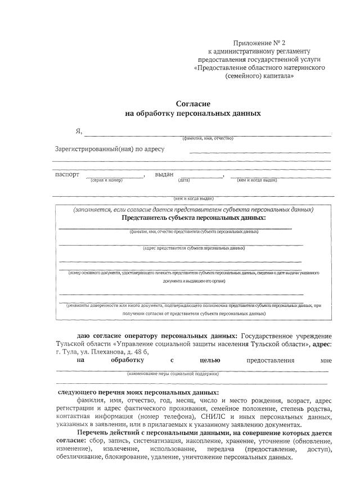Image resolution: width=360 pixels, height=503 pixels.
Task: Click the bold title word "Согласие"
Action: [193, 104]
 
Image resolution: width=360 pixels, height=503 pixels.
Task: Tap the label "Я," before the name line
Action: [79, 132]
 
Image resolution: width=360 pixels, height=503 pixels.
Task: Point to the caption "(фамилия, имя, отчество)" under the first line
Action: [208, 138]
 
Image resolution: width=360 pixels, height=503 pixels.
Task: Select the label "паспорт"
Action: [67, 175]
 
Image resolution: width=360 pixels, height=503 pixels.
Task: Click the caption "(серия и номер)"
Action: [106, 180]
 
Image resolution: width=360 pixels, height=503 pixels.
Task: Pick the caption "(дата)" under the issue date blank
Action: [184, 180]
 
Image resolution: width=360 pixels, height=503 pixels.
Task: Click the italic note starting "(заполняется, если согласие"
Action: [193, 210]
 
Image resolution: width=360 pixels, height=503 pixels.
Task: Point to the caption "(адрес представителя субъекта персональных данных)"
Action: [193, 247]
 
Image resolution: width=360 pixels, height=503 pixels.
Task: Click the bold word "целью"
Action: [210, 360]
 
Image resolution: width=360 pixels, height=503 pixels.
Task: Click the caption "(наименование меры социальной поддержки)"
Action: [173, 373]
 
